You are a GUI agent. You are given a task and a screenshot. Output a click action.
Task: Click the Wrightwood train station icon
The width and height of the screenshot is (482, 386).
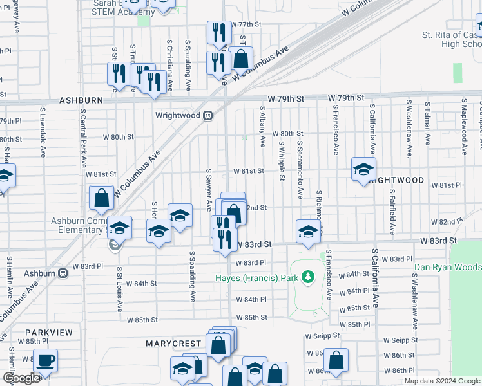pos(208,116)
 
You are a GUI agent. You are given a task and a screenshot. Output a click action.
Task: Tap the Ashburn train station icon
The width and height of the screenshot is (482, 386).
pos(63,273)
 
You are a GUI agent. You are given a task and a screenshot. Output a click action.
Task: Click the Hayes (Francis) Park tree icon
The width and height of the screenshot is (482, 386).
pos(308,278)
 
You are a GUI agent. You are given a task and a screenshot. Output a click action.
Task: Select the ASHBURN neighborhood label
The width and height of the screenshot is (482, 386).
pos(81,101)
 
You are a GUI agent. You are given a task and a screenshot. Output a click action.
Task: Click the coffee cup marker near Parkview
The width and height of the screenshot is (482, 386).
pos(45,361)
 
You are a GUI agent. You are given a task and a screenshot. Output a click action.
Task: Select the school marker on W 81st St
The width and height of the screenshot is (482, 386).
pos(363,169)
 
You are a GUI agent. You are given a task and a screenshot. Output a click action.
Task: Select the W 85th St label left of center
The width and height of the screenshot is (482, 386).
pos(142,319)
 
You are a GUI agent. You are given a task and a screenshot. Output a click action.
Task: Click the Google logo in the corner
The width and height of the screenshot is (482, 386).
pos(21,378)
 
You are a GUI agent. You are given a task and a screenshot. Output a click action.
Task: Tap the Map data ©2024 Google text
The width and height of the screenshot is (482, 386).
pos(442,381)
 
